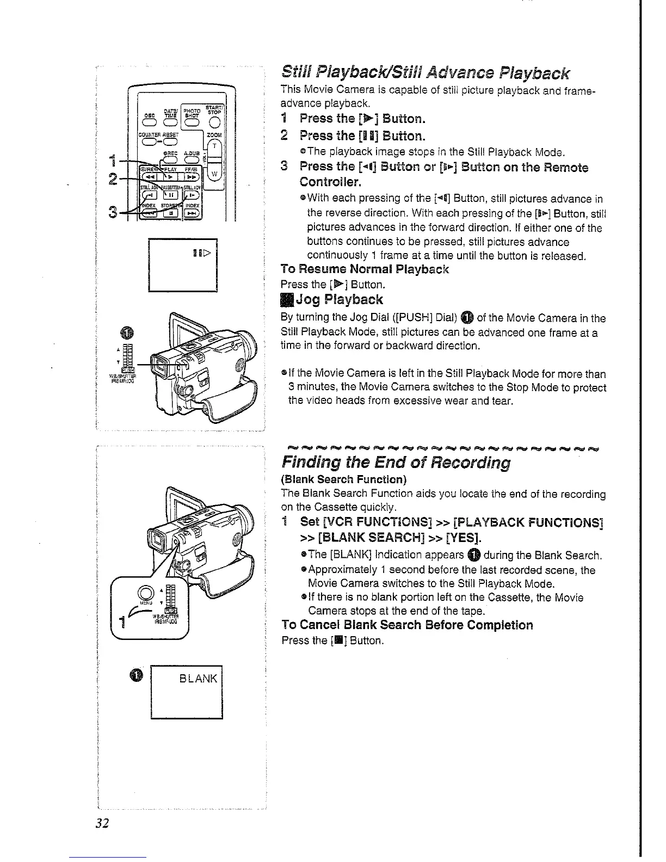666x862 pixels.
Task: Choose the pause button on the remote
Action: [x=170, y=194]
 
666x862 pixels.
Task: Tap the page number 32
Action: [x=103, y=823]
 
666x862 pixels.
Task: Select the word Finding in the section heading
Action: [x=309, y=463]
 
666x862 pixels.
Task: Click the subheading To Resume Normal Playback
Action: [x=365, y=269]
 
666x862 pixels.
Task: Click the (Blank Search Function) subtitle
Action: [x=343, y=480]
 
